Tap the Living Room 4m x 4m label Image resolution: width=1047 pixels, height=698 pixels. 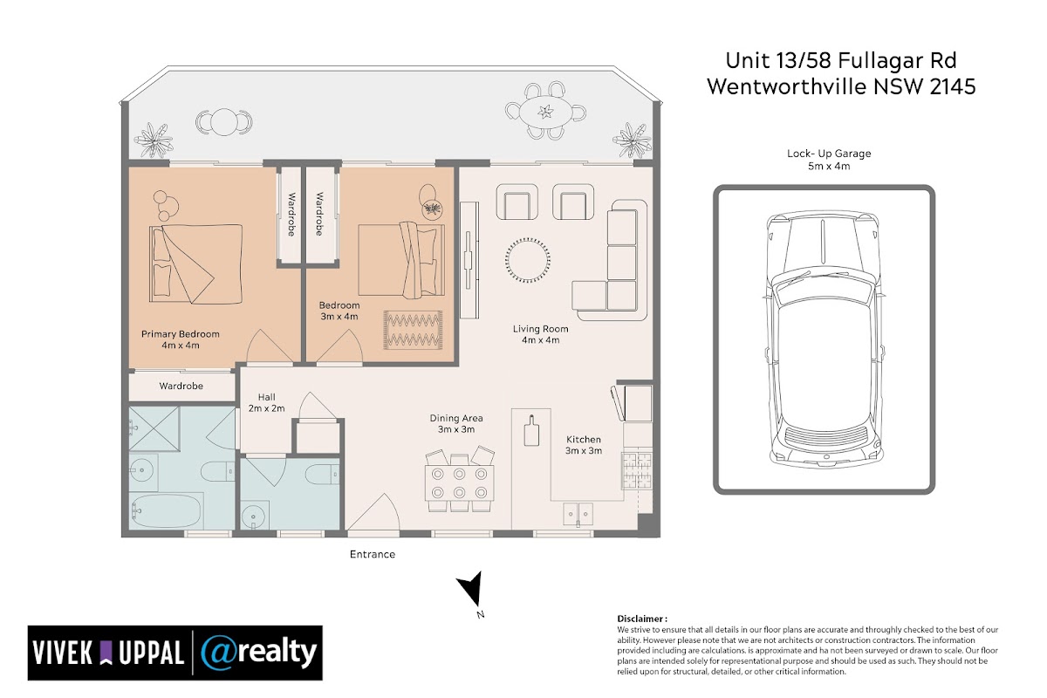(x=541, y=334)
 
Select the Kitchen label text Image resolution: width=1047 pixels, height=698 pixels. (x=584, y=440)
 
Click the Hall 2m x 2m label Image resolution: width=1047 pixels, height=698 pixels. (x=266, y=402)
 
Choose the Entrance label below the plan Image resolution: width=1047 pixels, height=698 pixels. (x=373, y=554)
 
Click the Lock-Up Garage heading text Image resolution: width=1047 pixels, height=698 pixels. (x=829, y=154)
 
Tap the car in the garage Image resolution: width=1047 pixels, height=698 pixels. (x=825, y=338)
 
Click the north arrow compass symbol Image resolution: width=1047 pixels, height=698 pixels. (x=470, y=591)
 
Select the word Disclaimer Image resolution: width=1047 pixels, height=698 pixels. (x=642, y=619)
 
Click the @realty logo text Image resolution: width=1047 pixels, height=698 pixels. (x=258, y=652)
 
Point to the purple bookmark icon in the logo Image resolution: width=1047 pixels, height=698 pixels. (x=106, y=653)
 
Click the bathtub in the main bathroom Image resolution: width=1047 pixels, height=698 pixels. (x=167, y=511)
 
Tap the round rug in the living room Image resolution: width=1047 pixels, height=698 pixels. (x=527, y=260)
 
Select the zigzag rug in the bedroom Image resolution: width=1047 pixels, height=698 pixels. (x=414, y=330)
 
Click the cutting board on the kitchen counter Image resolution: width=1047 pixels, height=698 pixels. (x=531, y=430)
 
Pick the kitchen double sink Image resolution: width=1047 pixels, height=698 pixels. (x=578, y=514)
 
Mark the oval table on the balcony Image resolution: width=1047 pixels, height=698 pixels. (x=545, y=112)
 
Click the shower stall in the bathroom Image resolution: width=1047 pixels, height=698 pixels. (x=154, y=428)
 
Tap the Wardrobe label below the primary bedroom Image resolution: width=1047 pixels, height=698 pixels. (x=181, y=387)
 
